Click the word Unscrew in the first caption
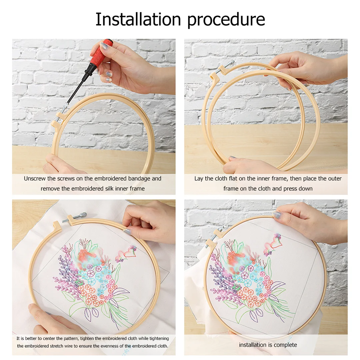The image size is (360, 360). point(35,178)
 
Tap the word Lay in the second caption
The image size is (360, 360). point(199,179)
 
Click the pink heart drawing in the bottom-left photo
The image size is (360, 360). point(127,253)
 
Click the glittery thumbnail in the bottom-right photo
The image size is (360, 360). point(278,215)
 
